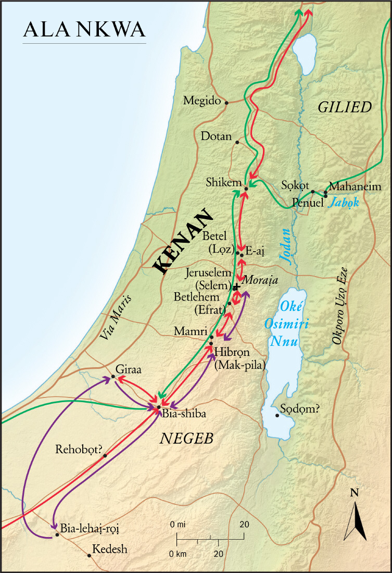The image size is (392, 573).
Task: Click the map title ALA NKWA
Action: [x=84, y=30]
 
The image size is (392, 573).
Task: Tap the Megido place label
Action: [x=202, y=101]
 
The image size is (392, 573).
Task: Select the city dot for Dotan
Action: [x=237, y=142]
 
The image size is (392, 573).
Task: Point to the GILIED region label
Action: [x=345, y=107]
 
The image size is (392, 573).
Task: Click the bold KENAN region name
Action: [x=183, y=242]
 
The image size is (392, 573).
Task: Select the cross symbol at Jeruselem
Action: [x=236, y=287]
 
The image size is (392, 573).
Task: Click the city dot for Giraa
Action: [x=113, y=377]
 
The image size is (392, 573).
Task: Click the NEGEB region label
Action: [x=186, y=439]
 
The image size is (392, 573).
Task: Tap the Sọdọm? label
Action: [x=299, y=409]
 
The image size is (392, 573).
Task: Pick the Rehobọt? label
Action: [x=78, y=450]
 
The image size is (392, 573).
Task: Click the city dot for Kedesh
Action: [x=90, y=555]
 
